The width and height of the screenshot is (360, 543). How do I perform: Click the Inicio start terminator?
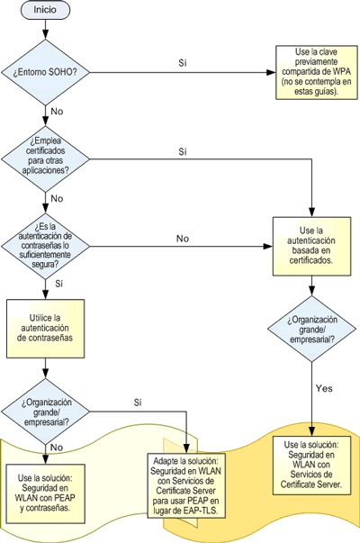45,10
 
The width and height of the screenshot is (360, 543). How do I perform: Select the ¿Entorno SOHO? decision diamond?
45,72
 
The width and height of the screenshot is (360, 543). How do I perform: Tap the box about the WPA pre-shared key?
317,72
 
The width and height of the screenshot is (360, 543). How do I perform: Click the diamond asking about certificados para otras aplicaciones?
45,159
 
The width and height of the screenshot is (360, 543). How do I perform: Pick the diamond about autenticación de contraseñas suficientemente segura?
45,246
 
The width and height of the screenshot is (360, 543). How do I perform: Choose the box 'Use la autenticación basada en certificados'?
311,246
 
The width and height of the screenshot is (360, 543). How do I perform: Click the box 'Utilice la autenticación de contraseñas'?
45,329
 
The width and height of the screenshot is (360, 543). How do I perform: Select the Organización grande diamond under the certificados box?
311,329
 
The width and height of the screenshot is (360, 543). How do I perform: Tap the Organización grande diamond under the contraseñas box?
45,412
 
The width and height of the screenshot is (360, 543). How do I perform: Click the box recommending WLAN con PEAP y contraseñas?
45,493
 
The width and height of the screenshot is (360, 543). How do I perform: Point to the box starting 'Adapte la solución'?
186,485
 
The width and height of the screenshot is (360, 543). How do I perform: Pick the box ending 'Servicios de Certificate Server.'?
311,465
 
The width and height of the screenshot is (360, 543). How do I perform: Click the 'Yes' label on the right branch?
324,388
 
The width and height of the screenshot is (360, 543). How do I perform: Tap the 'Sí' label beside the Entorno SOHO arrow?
183,63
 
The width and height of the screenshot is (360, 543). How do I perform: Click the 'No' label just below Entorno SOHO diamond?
57,112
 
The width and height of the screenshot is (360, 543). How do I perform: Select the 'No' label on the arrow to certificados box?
183,239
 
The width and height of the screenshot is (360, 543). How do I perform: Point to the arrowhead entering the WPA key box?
271,72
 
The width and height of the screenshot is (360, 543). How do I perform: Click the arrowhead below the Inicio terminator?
45,34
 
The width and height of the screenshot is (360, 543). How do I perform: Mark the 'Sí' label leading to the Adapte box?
138,403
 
